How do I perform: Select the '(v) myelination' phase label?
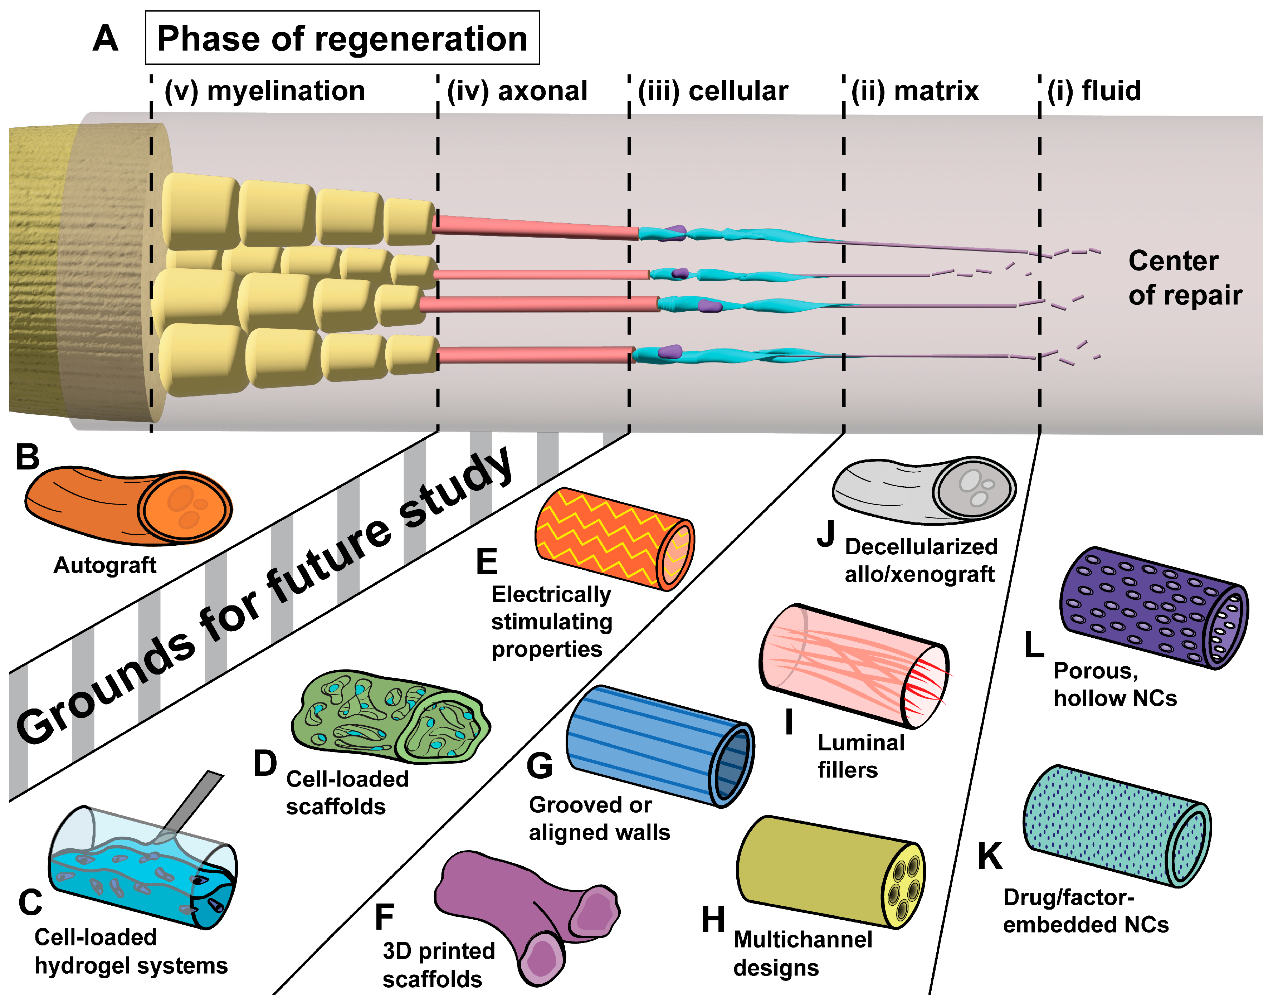[x=264, y=91]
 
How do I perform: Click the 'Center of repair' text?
[x=1184, y=278]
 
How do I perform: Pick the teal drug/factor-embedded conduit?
[x=1116, y=825]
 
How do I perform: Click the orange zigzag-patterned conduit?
[x=614, y=537]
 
